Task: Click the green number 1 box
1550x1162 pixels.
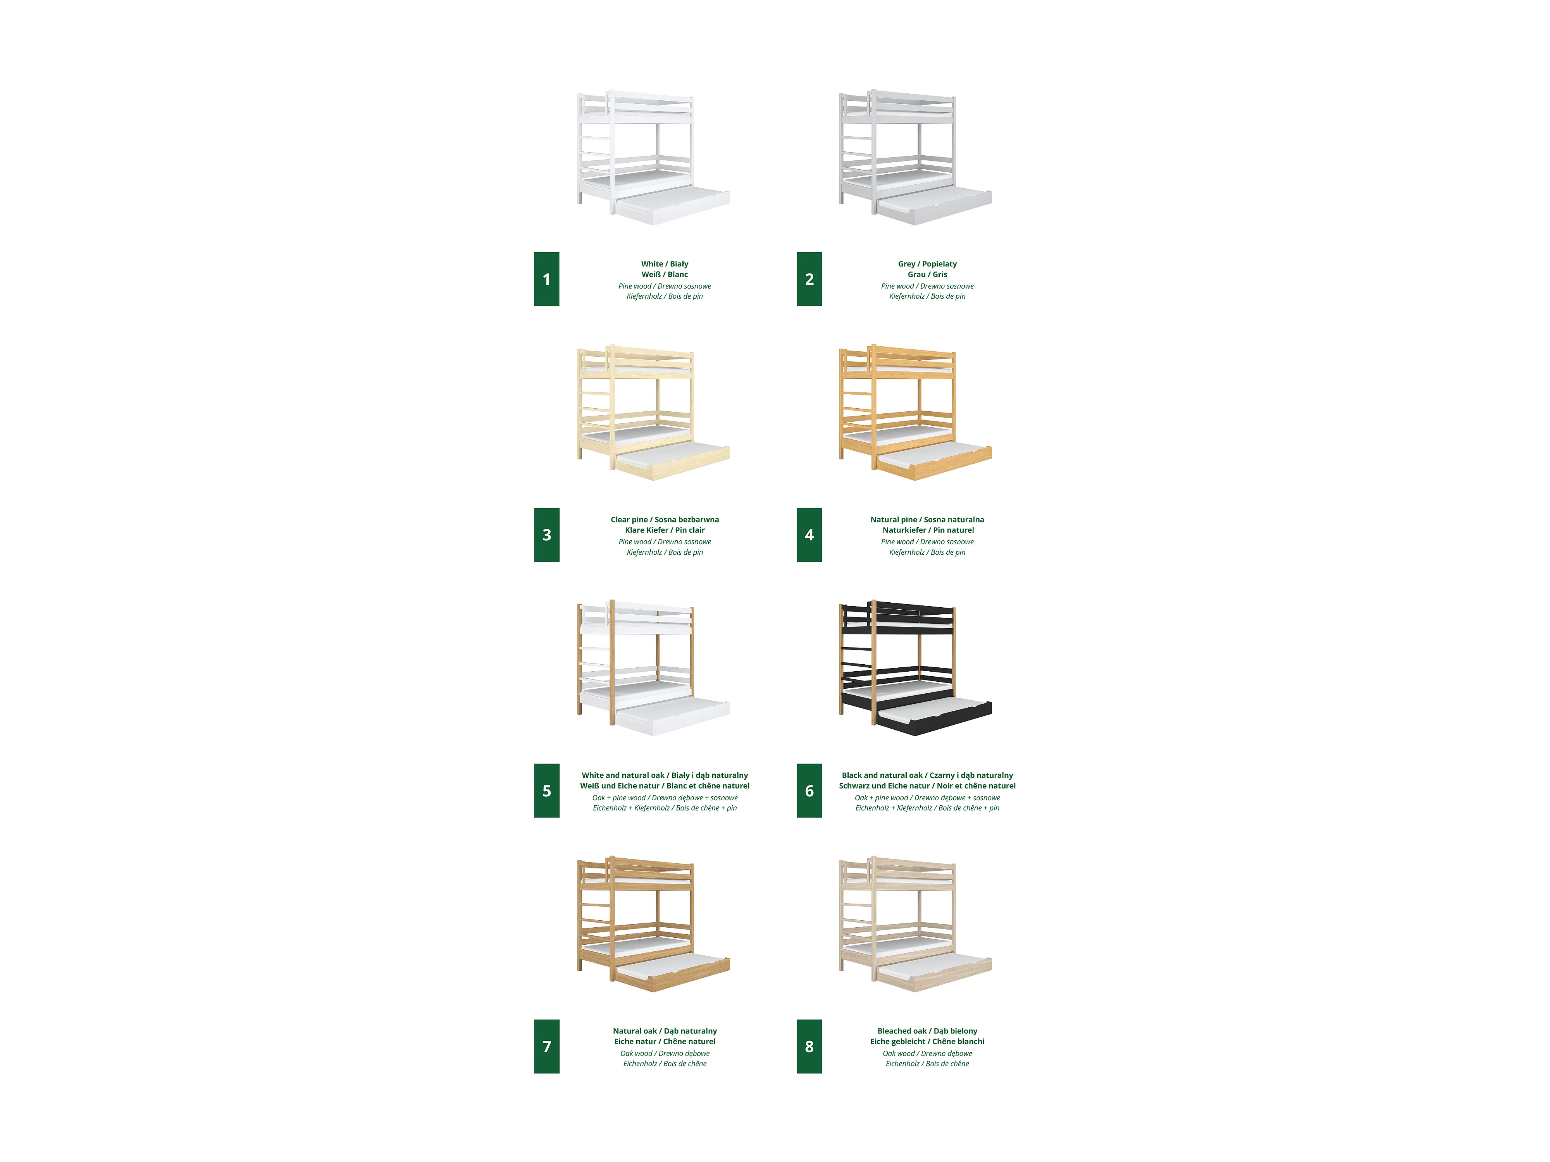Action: click(546, 279)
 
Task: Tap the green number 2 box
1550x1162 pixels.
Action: click(809, 279)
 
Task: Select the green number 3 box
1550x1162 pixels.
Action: click(546, 535)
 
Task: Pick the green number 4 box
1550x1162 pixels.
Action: click(809, 535)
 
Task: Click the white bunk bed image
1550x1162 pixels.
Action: click(653, 157)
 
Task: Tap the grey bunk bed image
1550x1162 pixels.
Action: click(915, 157)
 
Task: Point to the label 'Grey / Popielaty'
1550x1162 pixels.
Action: click(927, 264)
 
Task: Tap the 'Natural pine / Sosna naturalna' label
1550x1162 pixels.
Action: click(927, 520)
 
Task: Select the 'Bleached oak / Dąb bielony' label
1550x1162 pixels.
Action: click(927, 1031)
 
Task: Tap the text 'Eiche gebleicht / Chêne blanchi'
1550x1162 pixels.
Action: click(927, 1042)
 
